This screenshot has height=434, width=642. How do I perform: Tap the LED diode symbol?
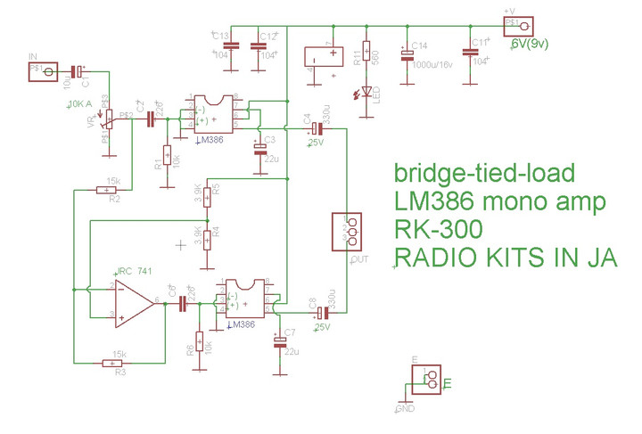[x=366, y=94]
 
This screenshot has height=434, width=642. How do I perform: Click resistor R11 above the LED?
[x=366, y=55]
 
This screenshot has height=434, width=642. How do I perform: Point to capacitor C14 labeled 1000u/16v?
[x=407, y=55]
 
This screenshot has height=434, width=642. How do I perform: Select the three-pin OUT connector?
[x=346, y=232]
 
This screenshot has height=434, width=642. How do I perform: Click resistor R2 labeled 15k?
[x=108, y=189]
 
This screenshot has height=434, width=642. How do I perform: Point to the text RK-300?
[x=438, y=229]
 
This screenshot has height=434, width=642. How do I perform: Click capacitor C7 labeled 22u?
[x=280, y=341]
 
